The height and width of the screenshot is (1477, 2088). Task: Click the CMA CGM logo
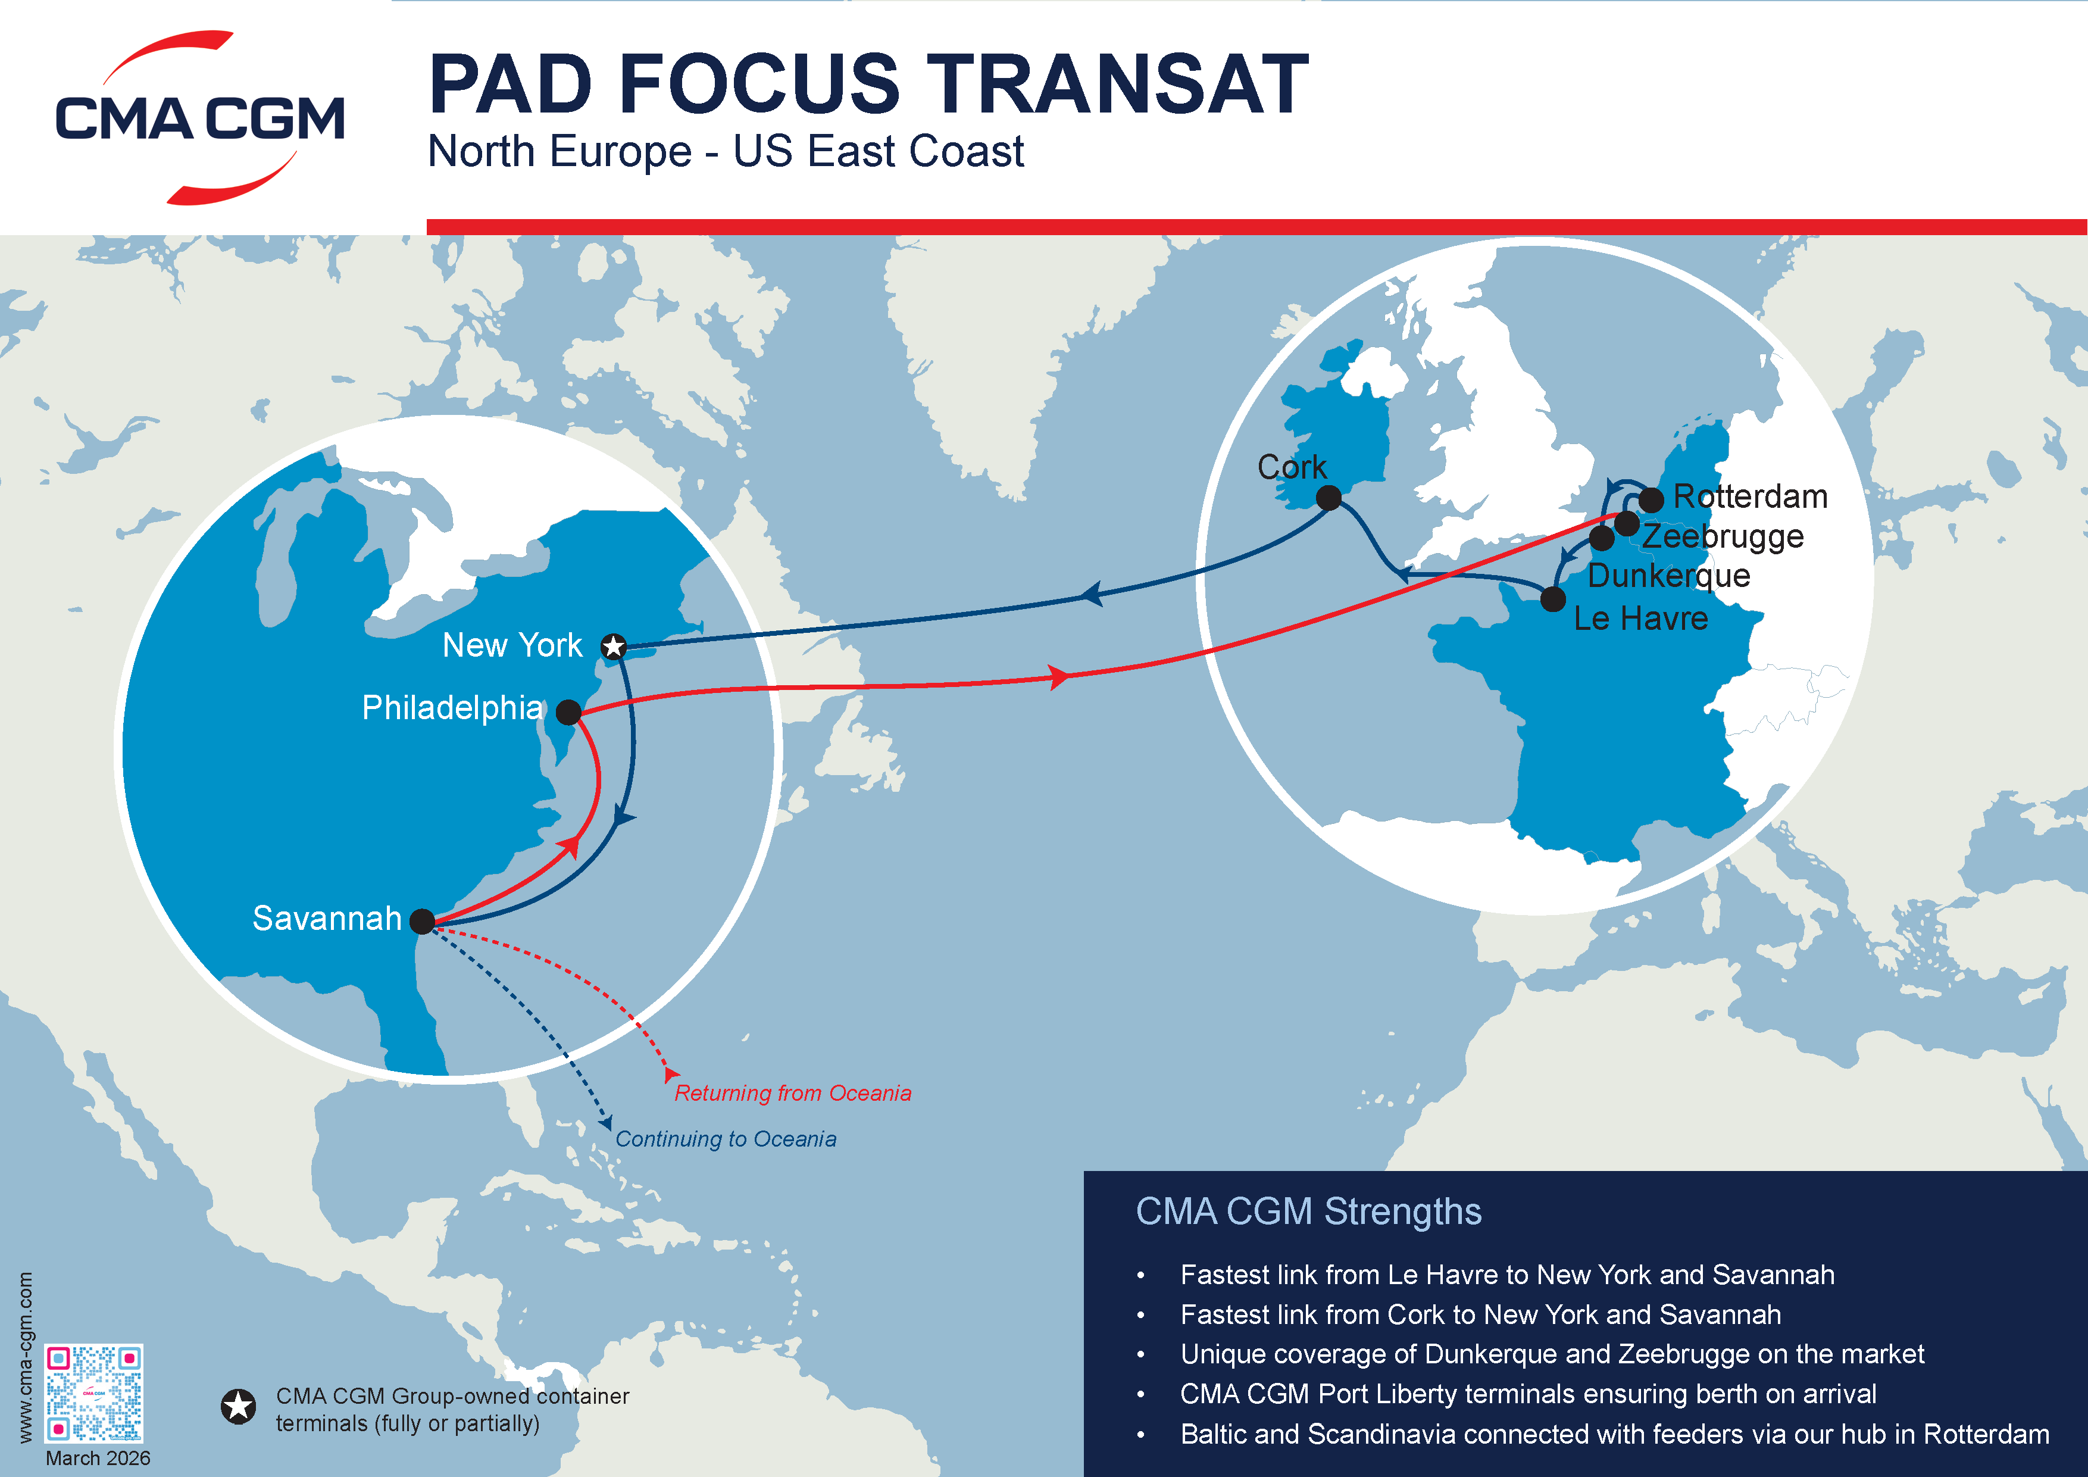pos(200,118)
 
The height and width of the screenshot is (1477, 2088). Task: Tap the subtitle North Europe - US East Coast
pos(726,151)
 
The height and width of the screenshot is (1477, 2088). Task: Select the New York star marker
pos(614,647)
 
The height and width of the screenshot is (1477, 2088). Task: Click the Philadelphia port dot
pos(568,712)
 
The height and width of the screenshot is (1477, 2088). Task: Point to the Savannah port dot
pos(422,922)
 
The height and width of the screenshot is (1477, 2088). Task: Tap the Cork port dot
pos(1329,498)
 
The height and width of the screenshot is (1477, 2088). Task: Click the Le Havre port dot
pos(1554,599)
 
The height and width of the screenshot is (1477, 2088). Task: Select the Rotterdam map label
pos(1751,497)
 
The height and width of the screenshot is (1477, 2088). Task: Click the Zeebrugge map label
pos(1723,536)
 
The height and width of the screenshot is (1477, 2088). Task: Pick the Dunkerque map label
pos(1669,576)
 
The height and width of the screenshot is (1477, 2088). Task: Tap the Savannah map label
pos(327,919)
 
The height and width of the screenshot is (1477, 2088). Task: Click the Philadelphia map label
pos(452,708)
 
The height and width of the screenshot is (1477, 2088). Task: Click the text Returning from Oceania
pos(793,1093)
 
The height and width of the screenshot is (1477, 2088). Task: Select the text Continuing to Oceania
pos(726,1139)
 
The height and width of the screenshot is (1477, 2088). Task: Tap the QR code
pos(93,1392)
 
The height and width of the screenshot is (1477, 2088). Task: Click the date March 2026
pos(98,1458)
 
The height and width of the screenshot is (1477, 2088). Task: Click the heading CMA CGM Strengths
pos(1309,1212)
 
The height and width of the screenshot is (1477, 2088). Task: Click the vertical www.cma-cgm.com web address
pos(26,1357)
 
